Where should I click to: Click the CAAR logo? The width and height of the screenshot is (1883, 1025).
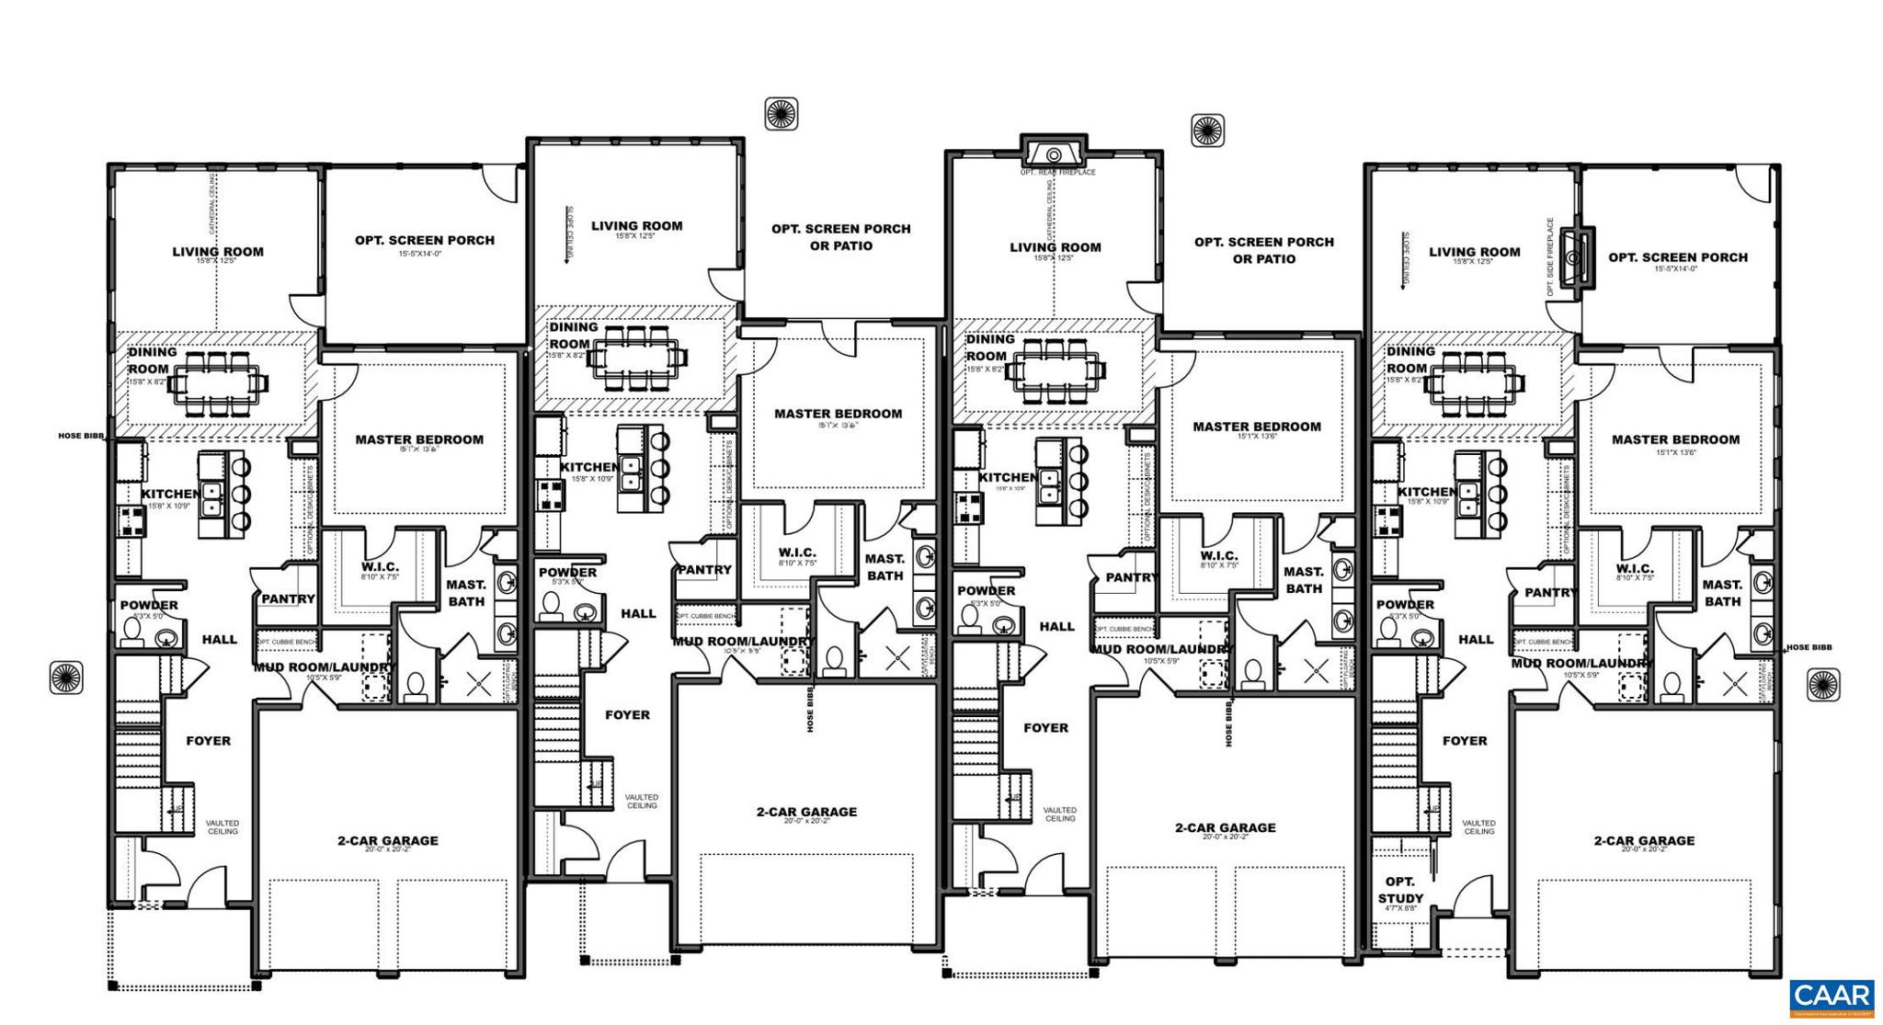pyautogui.click(x=1832, y=998)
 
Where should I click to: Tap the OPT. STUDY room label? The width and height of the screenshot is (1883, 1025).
pyautogui.click(x=1400, y=890)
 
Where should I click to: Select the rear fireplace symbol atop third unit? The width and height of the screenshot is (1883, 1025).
pyautogui.click(x=1054, y=154)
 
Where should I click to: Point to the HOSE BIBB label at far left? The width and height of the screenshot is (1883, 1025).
pyautogui.click(x=82, y=436)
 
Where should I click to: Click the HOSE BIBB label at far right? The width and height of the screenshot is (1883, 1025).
pyautogui.click(x=1808, y=647)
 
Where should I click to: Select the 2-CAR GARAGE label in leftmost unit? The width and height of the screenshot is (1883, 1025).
pyautogui.click(x=387, y=840)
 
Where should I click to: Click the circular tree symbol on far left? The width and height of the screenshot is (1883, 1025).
pyautogui.click(x=66, y=678)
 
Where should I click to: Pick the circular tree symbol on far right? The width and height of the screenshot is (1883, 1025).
pyautogui.click(x=1823, y=685)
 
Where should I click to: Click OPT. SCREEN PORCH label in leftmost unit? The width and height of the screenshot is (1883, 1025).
pyautogui.click(x=425, y=240)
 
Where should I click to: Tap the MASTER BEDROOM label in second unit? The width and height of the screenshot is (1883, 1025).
pyautogui.click(x=838, y=414)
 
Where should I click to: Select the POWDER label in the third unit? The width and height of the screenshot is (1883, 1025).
pyautogui.click(x=986, y=590)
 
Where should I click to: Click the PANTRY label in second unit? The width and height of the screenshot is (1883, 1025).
pyautogui.click(x=704, y=569)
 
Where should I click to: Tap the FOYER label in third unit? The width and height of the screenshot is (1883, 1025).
pyautogui.click(x=1045, y=727)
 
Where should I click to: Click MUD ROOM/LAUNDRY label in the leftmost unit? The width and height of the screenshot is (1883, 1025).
pyautogui.click(x=324, y=667)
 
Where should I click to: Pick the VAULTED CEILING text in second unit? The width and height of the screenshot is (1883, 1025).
pyautogui.click(x=641, y=801)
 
